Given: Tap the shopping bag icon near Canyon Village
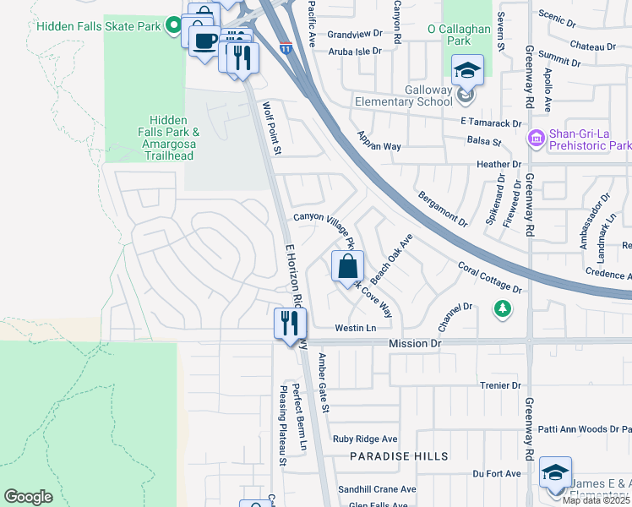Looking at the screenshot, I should point(347,268).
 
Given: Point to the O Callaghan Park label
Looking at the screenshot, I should point(460,34).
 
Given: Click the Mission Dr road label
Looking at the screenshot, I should point(415,344).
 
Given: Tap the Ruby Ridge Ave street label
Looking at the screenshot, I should point(364,439).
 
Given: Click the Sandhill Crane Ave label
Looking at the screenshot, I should point(377,489).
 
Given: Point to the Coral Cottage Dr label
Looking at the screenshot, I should point(490,277).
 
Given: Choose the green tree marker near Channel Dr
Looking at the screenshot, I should point(504,308).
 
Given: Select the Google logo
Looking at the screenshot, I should point(28,497).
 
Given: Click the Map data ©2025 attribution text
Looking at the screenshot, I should point(597,500).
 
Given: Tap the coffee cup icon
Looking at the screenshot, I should point(204,41).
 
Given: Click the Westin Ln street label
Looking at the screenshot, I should point(355,328).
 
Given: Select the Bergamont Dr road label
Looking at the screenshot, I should point(442,209).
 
